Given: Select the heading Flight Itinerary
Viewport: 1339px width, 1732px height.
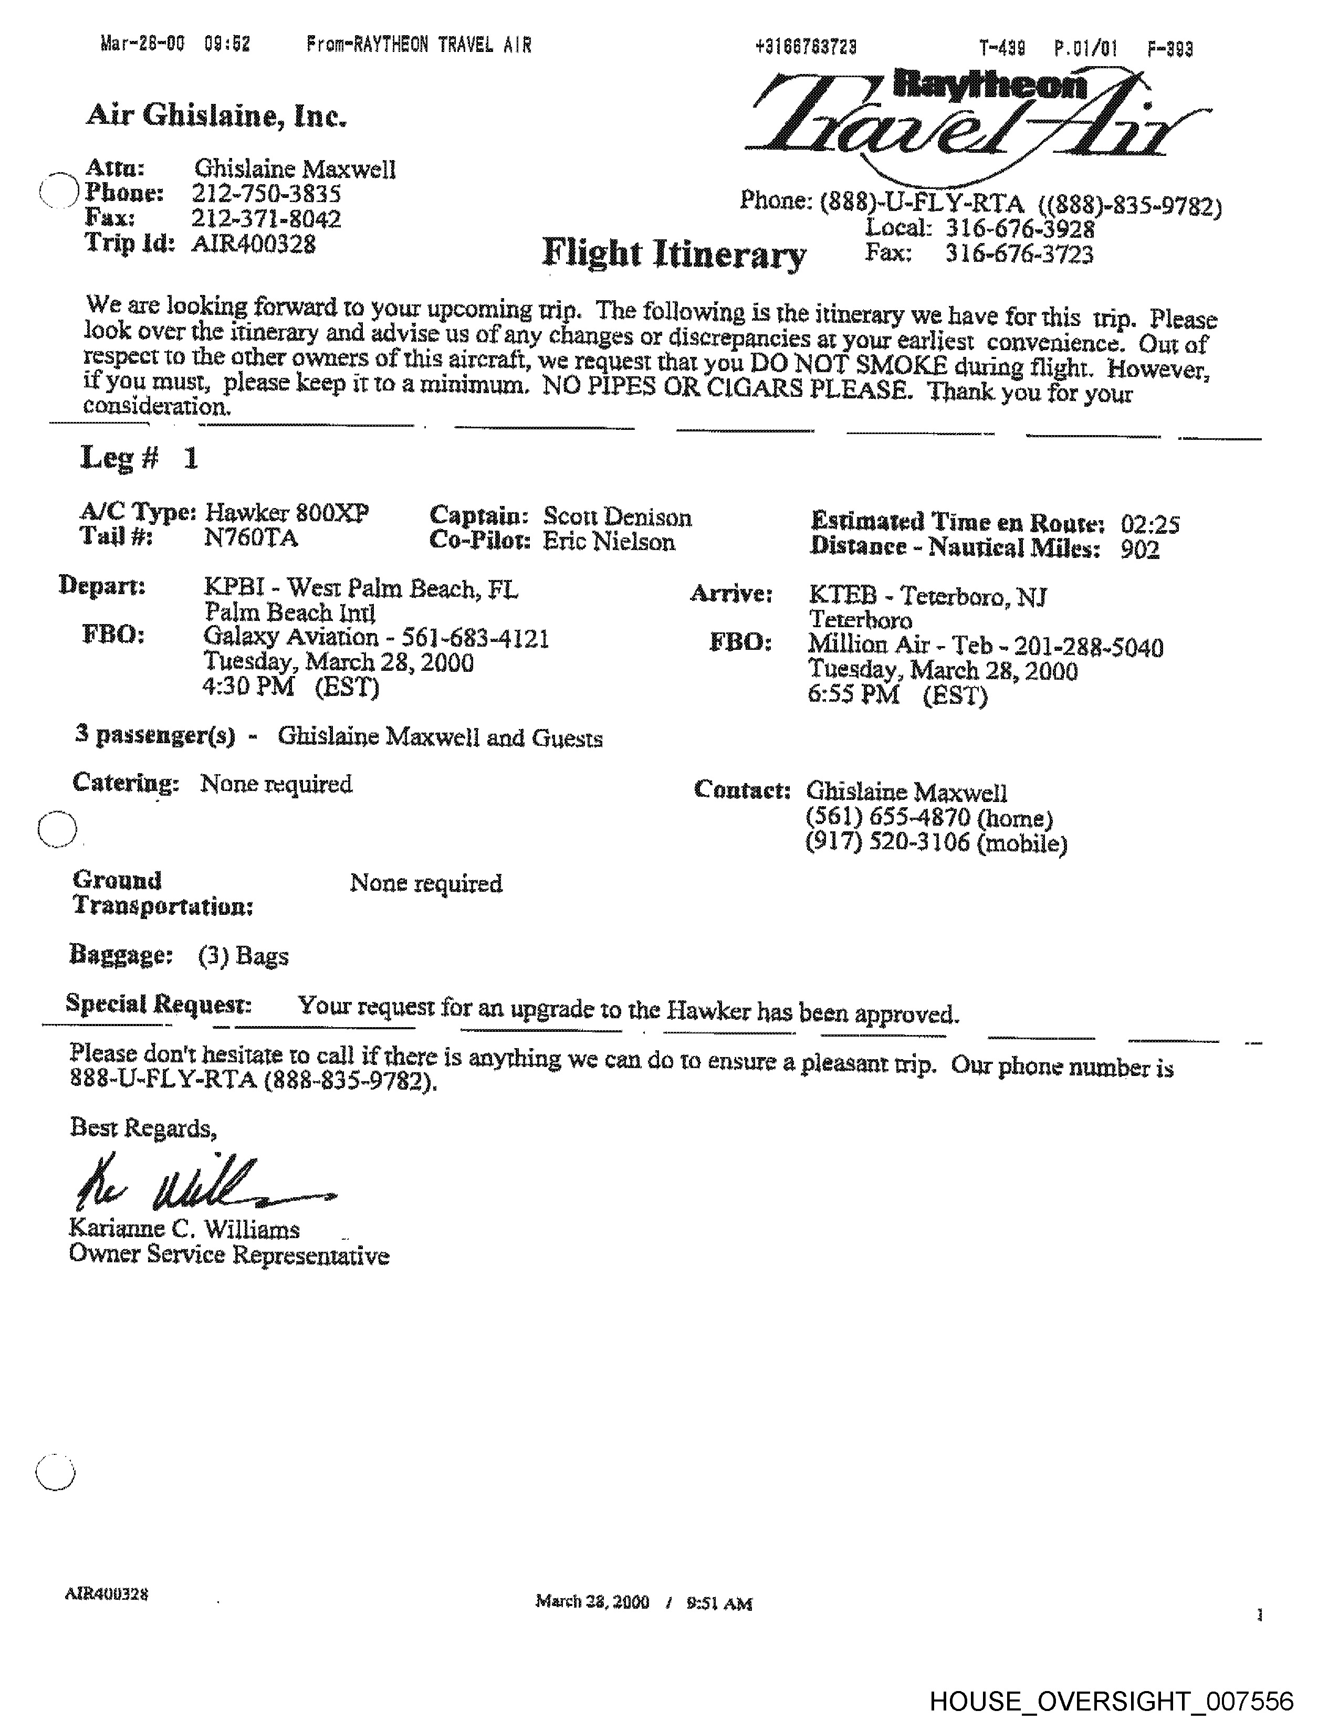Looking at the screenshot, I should pos(674,254).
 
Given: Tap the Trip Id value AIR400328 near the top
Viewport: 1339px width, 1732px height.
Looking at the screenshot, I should pos(253,244).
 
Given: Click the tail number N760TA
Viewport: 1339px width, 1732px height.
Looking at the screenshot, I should pos(250,538).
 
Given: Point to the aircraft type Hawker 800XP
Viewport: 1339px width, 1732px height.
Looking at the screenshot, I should pos(286,514).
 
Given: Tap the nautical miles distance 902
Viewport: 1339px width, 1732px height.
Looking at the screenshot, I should pos(1140,549).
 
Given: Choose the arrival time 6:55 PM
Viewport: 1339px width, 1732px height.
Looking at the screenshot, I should pos(853,695).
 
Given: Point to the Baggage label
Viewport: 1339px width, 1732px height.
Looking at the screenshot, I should pos(121,954).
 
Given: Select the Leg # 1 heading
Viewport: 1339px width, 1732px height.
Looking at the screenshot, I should pos(139,458).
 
